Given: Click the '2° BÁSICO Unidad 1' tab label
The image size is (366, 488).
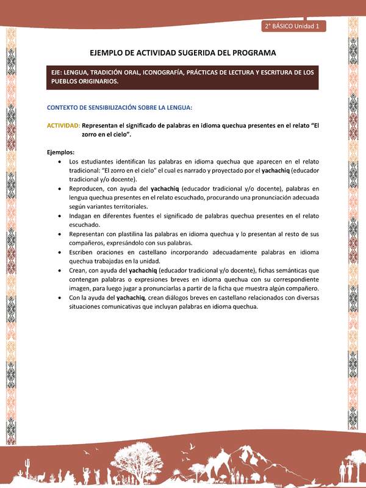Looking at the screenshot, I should coord(294,26).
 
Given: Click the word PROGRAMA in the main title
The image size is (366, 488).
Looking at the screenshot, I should coord(249,53).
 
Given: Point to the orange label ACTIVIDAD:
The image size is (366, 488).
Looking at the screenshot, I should coord(63,125).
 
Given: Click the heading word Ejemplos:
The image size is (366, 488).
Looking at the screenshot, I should coord(60,152).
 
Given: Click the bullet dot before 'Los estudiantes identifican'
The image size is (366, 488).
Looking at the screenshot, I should coord(57,162).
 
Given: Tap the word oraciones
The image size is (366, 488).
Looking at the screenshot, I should coord(120,252).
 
